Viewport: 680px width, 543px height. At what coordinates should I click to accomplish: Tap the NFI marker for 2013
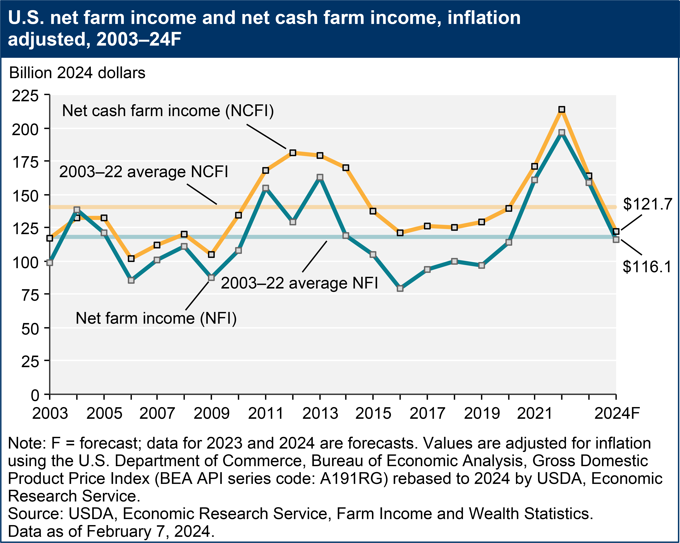coord(320,177)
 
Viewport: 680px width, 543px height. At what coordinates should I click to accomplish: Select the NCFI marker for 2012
coord(293,153)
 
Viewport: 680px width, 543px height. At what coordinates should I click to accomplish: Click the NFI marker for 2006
coord(131,280)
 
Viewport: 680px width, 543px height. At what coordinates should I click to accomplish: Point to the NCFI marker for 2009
coord(211,254)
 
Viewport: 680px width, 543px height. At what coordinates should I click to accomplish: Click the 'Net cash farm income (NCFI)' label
coord(168,111)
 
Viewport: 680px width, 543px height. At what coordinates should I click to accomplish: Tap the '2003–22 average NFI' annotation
coord(299,283)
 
